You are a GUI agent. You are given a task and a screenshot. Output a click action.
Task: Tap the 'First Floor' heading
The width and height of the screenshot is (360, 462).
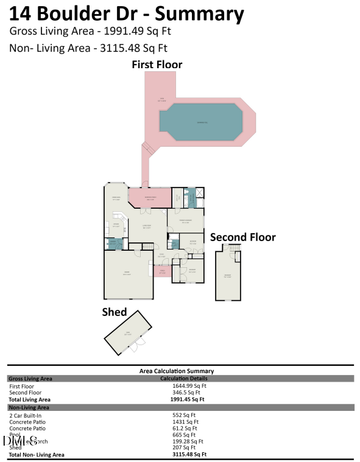pos(157,65)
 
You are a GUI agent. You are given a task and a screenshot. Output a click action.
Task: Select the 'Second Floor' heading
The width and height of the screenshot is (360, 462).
pos(242,237)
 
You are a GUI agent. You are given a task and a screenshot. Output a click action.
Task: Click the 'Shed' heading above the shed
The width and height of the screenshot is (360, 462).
pos(114,312)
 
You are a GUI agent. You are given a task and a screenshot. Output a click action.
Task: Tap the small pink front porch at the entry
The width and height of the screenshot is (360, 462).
pos(162,271)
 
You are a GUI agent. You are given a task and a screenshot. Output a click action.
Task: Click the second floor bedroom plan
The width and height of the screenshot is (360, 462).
pos(228,277)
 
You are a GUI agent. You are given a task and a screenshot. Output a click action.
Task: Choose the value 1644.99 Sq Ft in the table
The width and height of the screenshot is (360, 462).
pos(189,386)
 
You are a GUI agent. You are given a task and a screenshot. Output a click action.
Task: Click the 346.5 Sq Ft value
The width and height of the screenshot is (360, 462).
pos(186,393)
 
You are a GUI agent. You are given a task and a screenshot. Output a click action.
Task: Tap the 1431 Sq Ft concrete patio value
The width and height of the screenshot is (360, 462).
pos(185,422)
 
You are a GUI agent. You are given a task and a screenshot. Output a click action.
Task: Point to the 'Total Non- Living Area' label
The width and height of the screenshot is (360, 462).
pos(37,455)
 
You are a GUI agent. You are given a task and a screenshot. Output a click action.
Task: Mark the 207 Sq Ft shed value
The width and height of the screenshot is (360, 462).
pos(183,448)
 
